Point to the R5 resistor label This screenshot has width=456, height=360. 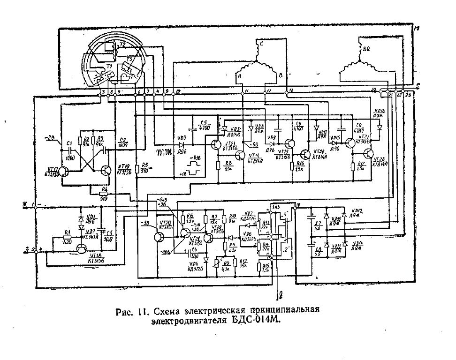click(x=145, y=165)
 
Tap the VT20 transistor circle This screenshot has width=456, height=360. click(x=156, y=235)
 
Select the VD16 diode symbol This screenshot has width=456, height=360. click(x=380, y=127)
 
